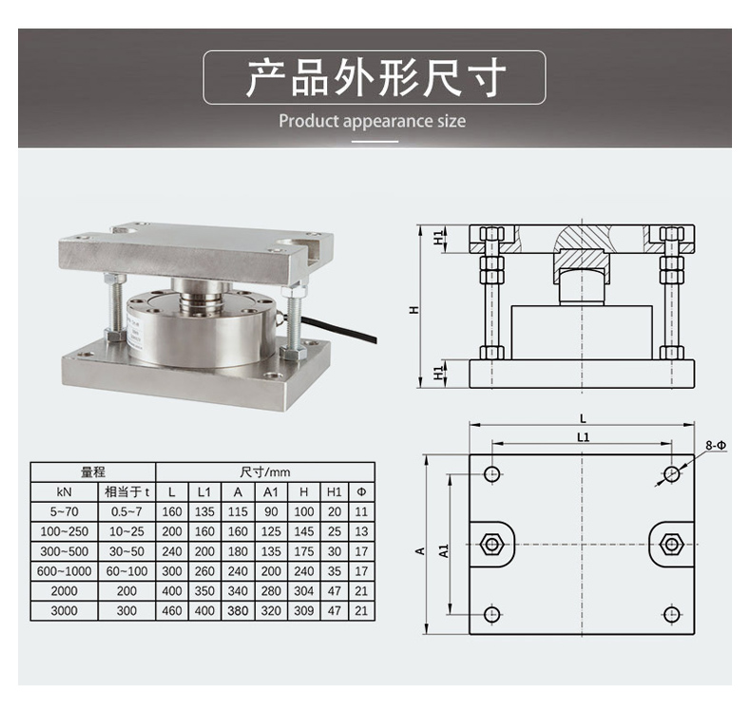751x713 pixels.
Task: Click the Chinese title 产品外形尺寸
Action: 375,78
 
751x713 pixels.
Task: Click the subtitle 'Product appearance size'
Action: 372,121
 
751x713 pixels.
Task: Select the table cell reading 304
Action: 303,591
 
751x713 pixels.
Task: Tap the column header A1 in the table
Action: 271,491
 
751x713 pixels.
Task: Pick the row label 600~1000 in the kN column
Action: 65,571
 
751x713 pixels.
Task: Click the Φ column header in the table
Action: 361,491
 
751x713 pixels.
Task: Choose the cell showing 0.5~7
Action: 126,511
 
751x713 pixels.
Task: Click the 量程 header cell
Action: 93,472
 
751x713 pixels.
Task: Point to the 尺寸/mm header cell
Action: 265,472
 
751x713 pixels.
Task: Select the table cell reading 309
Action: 303,611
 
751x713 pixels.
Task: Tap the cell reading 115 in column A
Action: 238,511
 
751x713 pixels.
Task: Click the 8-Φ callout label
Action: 716,445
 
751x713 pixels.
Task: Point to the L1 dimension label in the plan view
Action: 583,437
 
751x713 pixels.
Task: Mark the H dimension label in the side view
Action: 414,310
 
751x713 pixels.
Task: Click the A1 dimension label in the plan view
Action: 444,550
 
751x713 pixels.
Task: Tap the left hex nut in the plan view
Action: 491,544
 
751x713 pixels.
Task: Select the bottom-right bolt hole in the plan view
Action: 671,614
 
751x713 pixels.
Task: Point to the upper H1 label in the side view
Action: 438,238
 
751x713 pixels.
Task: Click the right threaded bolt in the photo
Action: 293,318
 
